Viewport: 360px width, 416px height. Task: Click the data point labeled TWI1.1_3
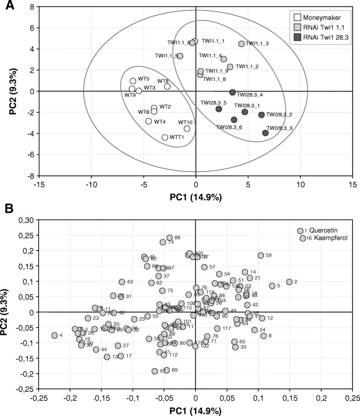pos(241,44)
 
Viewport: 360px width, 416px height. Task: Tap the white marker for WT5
pos(133,81)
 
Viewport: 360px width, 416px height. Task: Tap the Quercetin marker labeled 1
pos(300,231)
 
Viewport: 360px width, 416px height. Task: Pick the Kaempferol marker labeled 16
pos(303,238)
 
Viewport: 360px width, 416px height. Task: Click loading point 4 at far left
pos(54,335)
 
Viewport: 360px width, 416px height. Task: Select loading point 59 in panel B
pos(260,255)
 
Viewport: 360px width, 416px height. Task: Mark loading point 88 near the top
pos(169,238)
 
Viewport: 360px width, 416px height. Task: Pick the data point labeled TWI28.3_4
pos(232,92)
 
